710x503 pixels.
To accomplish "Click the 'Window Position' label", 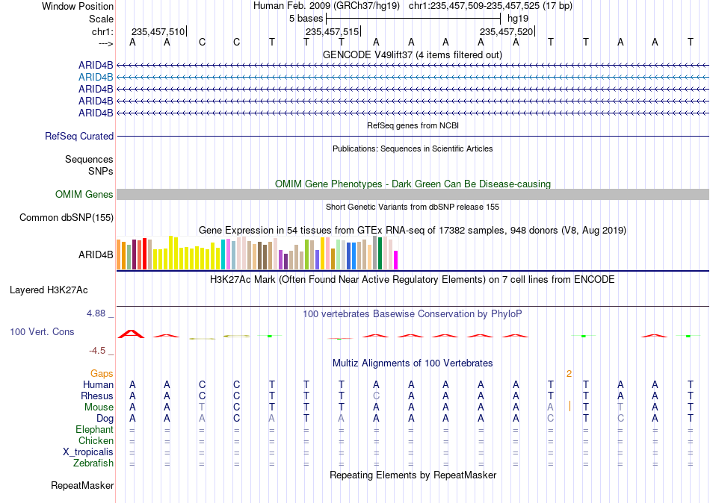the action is click(x=78, y=6).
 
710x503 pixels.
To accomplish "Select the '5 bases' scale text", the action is click(x=306, y=19).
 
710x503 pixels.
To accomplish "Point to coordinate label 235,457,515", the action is click(x=332, y=31).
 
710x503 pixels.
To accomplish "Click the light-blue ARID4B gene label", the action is click(x=96, y=78).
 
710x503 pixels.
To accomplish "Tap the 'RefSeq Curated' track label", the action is click(x=79, y=136).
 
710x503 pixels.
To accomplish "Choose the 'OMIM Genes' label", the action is click(x=84, y=195).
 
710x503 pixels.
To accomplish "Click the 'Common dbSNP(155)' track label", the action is click(x=67, y=218).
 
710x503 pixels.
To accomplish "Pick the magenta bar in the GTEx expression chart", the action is click(x=395, y=260).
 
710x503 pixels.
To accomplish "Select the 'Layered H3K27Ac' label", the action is click(x=49, y=290).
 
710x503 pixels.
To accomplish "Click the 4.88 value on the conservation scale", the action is click(x=96, y=313).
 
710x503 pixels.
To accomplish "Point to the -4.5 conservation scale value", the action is click(x=97, y=351).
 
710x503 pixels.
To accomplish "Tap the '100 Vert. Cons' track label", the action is click(x=42, y=332).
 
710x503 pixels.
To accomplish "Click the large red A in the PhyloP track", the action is click(x=132, y=334).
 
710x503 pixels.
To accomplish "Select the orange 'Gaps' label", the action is click(x=102, y=374).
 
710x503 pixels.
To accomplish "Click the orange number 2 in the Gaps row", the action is click(x=569, y=374).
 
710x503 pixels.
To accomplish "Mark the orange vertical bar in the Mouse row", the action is click(x=569, y=407).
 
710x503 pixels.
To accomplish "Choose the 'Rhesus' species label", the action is click(x=97, y=396).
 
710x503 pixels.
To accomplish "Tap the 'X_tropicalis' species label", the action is click(x=88, y=452).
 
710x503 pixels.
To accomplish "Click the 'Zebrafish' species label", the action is click(x=93, y=463).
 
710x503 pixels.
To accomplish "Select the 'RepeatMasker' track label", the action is click(x=82, y=485).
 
